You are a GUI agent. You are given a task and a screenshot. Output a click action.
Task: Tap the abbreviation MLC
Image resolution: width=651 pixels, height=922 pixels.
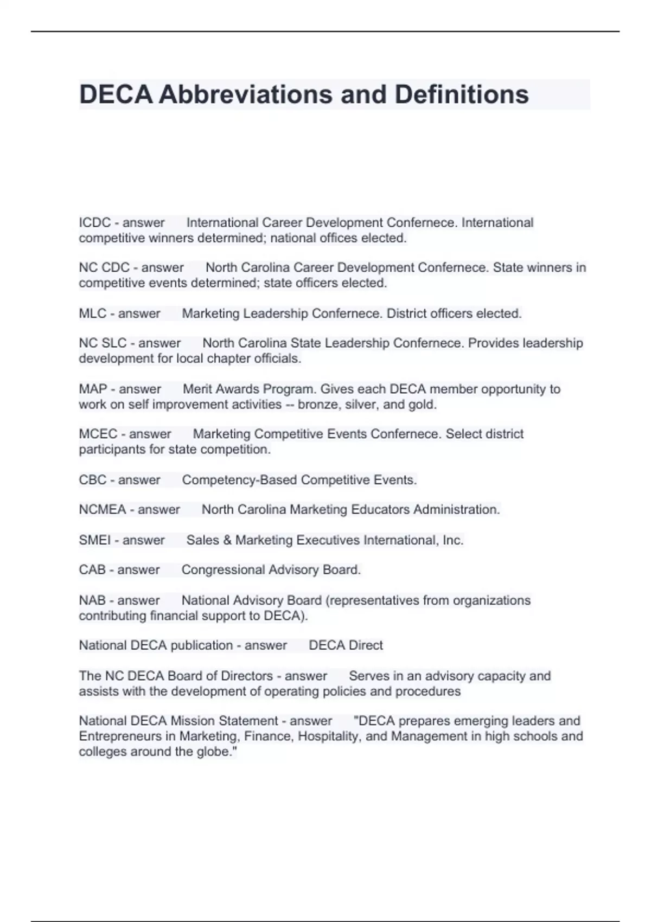coord(93,313)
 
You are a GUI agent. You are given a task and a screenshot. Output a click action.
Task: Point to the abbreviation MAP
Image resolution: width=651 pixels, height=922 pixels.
coord(93,389)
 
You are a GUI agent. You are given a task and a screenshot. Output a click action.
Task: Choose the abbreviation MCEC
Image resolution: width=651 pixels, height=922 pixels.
coord(98,434)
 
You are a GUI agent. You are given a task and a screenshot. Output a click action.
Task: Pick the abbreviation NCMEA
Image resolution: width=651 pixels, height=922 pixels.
coord(103,510)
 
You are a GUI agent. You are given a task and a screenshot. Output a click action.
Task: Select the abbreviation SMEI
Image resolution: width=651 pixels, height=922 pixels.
coord(95,540)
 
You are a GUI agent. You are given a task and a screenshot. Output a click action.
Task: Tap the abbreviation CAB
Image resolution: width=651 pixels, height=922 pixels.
coord(92,570)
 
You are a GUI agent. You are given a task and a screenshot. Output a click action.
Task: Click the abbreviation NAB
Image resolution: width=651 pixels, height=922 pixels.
coord(92,600)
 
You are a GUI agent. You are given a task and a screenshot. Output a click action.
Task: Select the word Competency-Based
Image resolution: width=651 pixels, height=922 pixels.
coord(239,480)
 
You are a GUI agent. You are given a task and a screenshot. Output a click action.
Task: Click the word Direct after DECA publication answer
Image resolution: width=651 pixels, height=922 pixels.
coord(365,645)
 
